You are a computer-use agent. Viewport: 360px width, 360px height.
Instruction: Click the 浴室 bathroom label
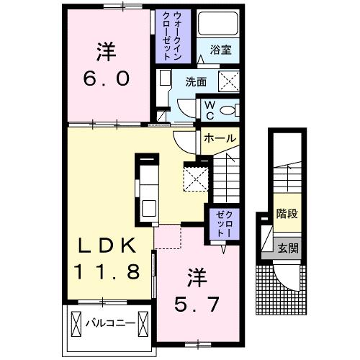tap(220, 50)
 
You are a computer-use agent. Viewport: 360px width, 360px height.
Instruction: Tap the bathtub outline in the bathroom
tap(218, 24)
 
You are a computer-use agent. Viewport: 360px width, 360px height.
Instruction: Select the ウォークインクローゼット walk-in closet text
tap(172, 36)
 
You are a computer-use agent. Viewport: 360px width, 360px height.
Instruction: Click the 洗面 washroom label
tap(196, 82)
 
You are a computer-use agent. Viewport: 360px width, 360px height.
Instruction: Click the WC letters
tap(210, 110)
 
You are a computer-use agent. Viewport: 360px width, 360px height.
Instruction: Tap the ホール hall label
tap(220, 138)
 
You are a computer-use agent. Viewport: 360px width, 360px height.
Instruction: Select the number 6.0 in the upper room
tap(107, 78)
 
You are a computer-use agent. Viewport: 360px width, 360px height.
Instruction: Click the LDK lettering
tap(107, 245)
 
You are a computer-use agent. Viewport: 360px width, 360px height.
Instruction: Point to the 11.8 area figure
tap(107, 271)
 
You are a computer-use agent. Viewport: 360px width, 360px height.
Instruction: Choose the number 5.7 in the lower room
tap(197, 304)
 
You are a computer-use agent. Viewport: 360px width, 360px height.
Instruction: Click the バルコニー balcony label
tap(110, 323)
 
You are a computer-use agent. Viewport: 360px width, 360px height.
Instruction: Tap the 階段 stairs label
tap(287, 213)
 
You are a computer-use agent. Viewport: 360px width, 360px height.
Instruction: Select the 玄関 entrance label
tap(288, 248)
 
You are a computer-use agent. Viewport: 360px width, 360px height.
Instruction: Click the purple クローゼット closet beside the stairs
tap(224, 224)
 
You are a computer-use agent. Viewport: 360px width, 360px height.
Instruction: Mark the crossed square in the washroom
tap(229, 81)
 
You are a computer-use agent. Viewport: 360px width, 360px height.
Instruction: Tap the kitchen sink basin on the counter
tap(149, 208)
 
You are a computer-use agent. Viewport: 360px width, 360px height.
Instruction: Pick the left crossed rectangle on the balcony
tap(76, 323)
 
